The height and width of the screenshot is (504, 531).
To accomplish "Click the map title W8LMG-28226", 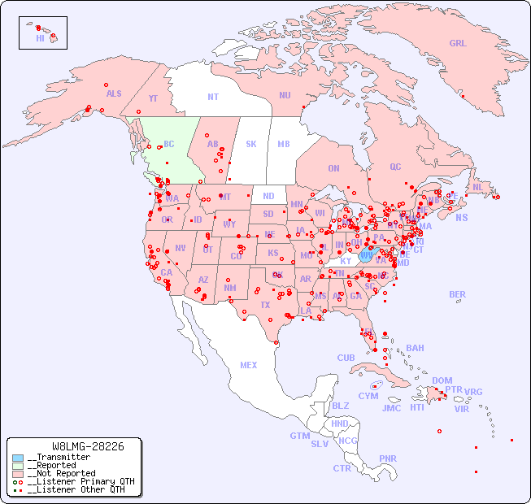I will click(88, 446).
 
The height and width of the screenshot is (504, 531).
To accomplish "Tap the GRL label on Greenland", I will click(458, 44).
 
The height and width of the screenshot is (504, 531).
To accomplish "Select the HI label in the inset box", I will click(40, 38).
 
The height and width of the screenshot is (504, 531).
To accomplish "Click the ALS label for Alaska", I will click(114, 94).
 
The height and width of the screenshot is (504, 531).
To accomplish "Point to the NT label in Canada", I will click(213, 97).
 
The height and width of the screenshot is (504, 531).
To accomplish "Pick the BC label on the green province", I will click(169, 145).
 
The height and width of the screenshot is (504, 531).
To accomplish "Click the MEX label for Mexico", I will click(249, 366).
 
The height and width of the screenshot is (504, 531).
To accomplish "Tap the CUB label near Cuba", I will click(346, 358).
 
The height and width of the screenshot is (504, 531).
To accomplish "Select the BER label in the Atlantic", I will click(458, 295).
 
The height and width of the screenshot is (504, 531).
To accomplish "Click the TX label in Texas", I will click(265, 306).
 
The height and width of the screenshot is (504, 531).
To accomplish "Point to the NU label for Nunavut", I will click(285, 96).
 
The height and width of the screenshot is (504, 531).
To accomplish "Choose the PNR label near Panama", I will click(388, 458).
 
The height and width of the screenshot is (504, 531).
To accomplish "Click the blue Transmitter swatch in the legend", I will click(18, 458).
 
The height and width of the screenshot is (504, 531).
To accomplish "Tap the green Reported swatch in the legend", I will click(18, 466).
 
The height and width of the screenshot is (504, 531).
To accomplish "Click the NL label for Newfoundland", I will click(477, 187).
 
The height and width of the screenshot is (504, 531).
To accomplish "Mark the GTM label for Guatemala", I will click(300, 437).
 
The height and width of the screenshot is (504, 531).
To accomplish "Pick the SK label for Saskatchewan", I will click(251, 145).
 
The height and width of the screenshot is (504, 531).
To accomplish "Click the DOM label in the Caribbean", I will click(442, 381).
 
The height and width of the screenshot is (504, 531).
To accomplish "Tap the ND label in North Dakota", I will click(268, 197).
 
